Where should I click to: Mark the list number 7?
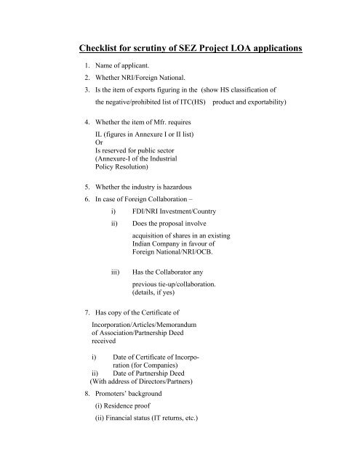tap(87, 313)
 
